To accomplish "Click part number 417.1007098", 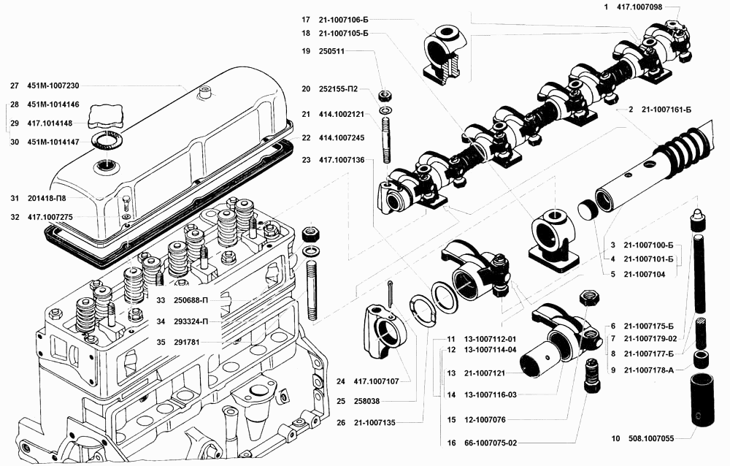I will [x=639, y=7].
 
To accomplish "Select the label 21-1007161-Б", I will [x=666, y=109].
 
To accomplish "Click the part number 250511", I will [x=331, y=51].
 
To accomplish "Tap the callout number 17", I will [x=305, y=19].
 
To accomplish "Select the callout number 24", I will [x=341, y=381].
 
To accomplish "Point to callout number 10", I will [x=615, y=438].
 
